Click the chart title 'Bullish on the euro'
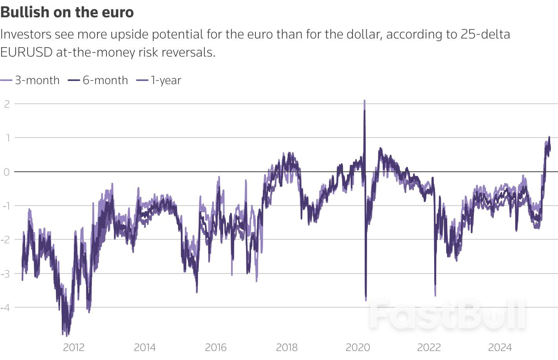(x=67, y=12)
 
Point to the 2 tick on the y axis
(x=7, y=104)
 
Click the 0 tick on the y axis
(x=7, y=172)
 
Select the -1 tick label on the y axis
(x=6, y=206)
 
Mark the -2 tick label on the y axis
(x=6, y=239)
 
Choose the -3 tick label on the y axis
(x=6, y=274)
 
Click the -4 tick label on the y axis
(x=6, y=307)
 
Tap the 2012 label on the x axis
(x=73, y=347)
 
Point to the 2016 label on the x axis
(x=216, y=347)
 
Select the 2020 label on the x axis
(x=358, y=347)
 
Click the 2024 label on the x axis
(x=500, y=347)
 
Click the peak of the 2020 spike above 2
(x=364, y=101)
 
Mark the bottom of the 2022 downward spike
(x=435, y=295)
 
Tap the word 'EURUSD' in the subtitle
(x=26, y=52)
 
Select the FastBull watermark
(x=447, y=315)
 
